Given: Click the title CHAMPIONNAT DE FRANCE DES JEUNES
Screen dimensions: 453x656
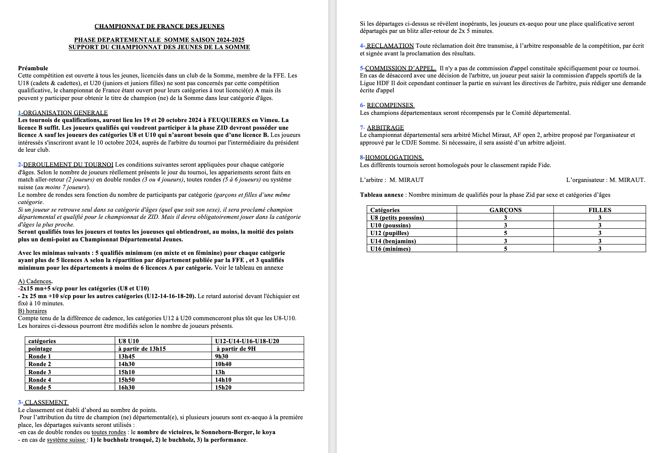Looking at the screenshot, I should click(x=160, y=26).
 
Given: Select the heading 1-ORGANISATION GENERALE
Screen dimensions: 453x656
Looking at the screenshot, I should click(x=63, y=113).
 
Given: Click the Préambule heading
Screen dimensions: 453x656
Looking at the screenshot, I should click(x=33, y=68).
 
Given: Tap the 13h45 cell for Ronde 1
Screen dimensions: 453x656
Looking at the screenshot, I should click(x=126, y=356).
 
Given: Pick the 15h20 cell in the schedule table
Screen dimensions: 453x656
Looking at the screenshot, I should click(x=223, y=387).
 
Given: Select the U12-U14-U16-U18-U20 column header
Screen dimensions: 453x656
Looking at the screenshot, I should click(x=247, y=341).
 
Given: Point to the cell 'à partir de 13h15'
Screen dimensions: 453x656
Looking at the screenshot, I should click(x=142, y=349).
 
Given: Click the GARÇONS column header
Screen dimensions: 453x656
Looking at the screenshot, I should click(x=505, y=210).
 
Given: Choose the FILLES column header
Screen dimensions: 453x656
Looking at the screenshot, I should click(x=600, y=210).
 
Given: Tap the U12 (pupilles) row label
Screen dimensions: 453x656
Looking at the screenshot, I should click(x=389, y=233).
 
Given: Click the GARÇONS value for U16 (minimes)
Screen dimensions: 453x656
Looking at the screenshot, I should click(x=505, y=249).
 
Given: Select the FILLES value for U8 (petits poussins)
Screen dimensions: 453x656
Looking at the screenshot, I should click(x=600, y=218).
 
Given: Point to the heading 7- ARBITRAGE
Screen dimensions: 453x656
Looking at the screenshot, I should click(x=382, y=128).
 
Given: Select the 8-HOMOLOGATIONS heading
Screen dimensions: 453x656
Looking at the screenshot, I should click(x=392, y=158).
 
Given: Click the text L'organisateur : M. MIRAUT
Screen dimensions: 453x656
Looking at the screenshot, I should click(x=605, y=180).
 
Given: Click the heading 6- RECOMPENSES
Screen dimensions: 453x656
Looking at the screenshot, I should click(x=387, y=105).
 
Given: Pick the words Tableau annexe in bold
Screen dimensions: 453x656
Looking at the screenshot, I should click(x=382, y=195).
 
